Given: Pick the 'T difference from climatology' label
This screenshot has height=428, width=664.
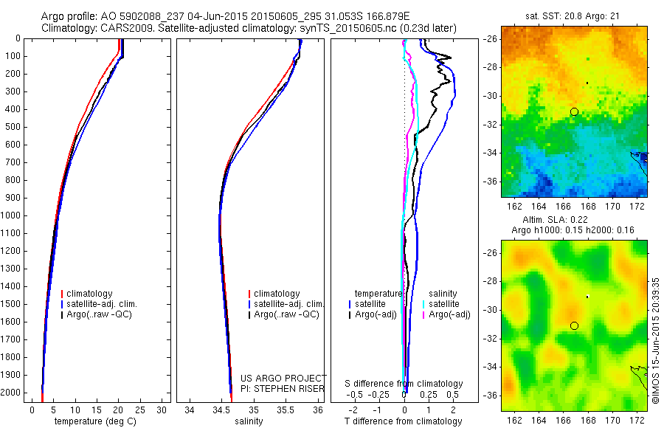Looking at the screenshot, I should (404, 421).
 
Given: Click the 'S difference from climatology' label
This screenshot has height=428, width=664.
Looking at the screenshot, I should (404, 384).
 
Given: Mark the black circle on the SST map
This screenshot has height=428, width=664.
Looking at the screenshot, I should (574, 111).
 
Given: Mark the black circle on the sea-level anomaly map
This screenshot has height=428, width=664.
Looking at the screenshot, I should (574, 325).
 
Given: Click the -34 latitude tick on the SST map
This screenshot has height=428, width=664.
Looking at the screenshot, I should (491, 153).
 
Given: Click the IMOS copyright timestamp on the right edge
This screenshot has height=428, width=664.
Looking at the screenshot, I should (656, 339).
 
